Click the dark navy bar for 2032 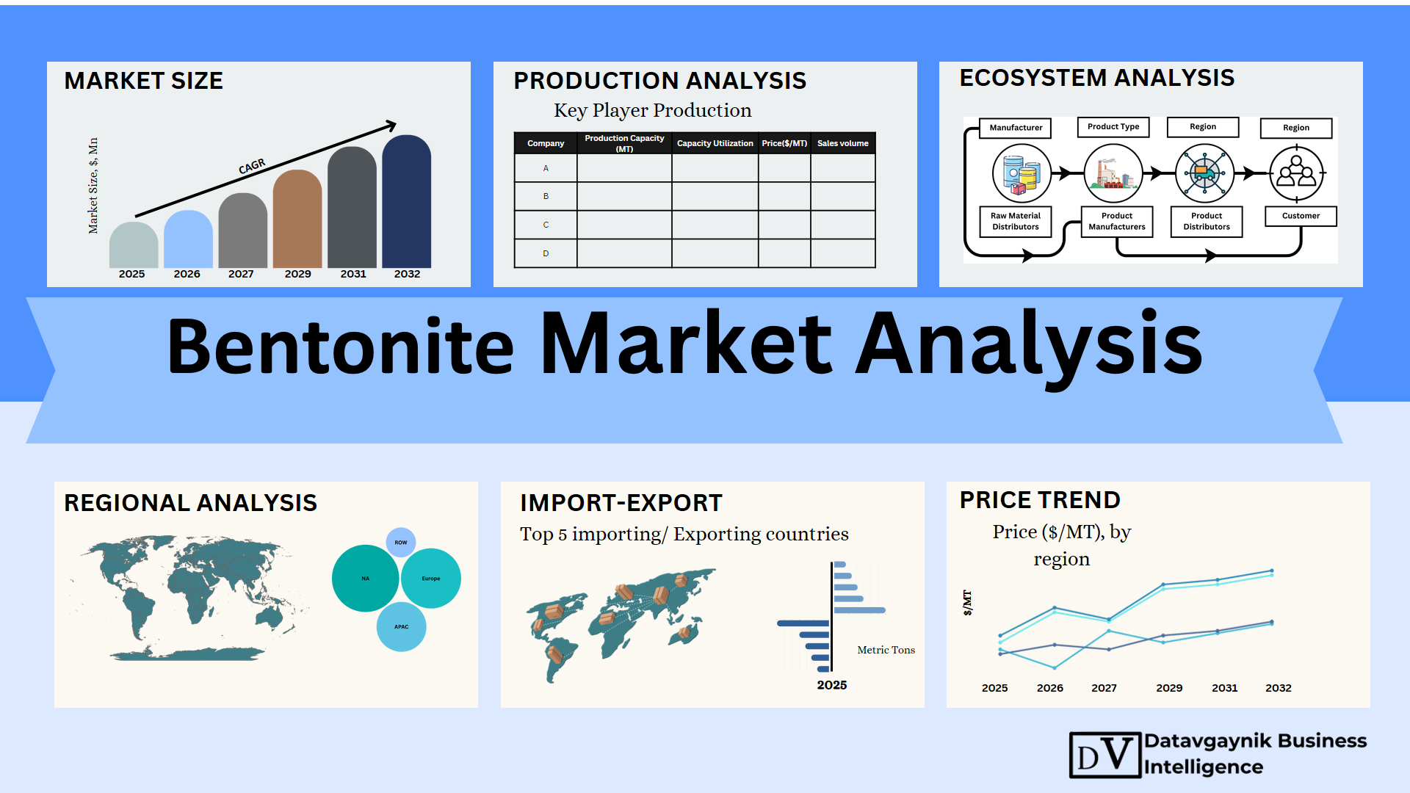click(407, 201)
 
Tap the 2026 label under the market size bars click(187, 274)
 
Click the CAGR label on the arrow click(252, 167)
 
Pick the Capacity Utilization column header click(715, 143)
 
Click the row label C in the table click(546, 225)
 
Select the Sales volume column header click(843, 143)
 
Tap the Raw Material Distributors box click(1016, 221)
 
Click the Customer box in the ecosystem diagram click(1301, 216)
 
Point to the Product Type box click(1113, 127)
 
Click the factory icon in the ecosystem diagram click(1113, 173)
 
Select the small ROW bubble click(401, 543)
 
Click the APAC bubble click(401, 627)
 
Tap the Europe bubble click(431, 579)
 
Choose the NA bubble click(366, 579)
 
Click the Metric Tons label click(886, 650)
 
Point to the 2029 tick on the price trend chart click(1169, 688)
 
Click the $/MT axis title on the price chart click(967, 603)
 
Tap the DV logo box click(1105, 755)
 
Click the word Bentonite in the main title click(341, 346)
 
